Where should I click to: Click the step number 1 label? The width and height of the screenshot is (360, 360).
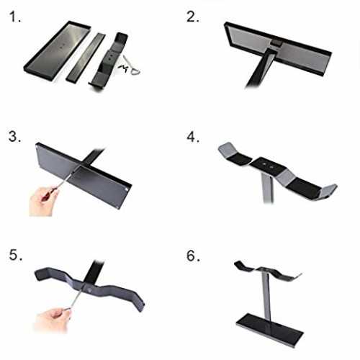pyautogui.click(x=15, y=17)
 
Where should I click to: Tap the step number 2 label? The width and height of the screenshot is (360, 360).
pyautogui.click(x=192, y=17)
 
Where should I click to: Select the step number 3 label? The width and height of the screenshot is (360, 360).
pyautogui.click(x=14, y=136)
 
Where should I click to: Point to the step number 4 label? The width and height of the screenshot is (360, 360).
pyautogui.click(x=193, y=137)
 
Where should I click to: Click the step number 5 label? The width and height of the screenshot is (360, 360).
pyautogui.click(x=16, y=255)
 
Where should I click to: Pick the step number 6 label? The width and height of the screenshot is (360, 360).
pyautogui.click(x=193, y=256)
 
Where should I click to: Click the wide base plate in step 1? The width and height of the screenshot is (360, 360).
pyautogui.click(x=57, y=50)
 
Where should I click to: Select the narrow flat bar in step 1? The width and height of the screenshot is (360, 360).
pyautogui.click(x=86, y=58)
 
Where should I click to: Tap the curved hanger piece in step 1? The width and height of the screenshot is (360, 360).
pyautogui.click(x=108, y=63)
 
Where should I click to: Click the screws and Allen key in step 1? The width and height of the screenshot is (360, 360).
pyautogui.click(x=129, y=66)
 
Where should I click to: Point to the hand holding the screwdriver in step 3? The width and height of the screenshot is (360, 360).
pyautogui.click(x=43, y=201)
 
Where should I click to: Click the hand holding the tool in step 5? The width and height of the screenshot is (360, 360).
pyautogui.click(x=53, y=320)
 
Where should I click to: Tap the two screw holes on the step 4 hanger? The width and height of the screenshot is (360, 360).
pyautogui.click(x=268, y=165)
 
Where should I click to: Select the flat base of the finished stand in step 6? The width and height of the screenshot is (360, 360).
pyautogui.click(x=270, y=330)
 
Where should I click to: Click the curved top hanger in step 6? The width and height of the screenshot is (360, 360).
pyautogui.click(x=268, y=271)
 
